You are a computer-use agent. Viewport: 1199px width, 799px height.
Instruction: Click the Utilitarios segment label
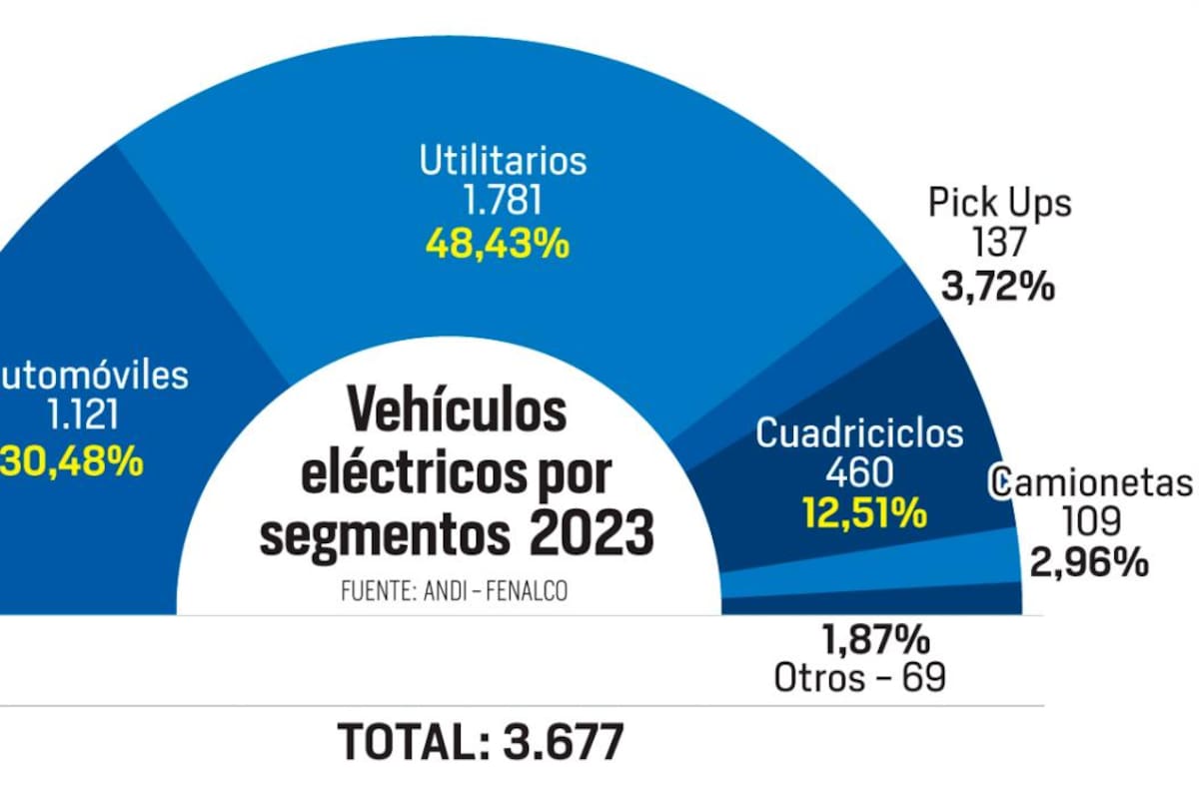click(x=503, y=161)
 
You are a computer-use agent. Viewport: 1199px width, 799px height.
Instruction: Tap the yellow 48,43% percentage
click(x=497, y=244)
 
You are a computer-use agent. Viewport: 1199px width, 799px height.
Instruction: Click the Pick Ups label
click(x=999, y=203)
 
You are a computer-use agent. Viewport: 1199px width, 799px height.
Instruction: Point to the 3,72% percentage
click(x=997, y=288)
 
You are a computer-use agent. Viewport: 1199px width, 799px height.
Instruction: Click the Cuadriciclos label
click(x=859, y=433)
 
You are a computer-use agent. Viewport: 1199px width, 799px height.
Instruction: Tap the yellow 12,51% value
click(x=863, y=513)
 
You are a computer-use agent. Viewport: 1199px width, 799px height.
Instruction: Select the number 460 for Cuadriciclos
click(x=861, y=473)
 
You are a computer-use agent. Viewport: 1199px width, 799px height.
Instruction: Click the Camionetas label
click(x=1093, y=483)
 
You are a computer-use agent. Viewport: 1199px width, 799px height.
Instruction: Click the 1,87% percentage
click(x=875, y=638)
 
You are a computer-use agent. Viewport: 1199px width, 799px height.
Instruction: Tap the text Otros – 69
click(x=859, y=678)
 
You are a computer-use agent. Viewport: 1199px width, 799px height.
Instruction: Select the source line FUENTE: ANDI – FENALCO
click(x=454, y=591)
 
